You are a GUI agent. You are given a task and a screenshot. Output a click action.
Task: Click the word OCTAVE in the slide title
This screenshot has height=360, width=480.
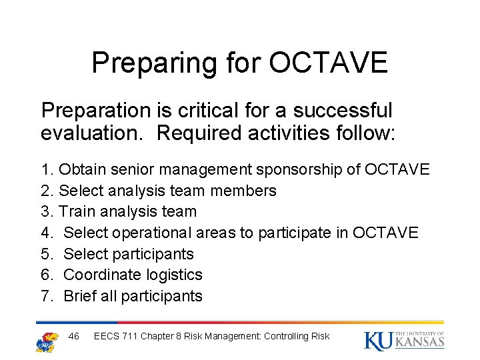click(x=328, y=63)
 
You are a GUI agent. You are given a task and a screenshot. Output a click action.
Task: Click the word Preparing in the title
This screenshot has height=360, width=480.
click(x=153, y=63)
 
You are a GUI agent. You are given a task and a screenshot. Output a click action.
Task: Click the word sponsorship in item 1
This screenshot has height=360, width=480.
click(x=297, y=169)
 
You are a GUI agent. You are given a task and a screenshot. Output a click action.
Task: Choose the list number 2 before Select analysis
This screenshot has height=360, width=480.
click(x=45, y=191)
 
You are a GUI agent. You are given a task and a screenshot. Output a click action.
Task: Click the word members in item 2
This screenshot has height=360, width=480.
click(x=243, y=191)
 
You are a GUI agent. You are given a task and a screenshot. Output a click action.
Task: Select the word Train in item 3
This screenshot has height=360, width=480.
click(x=79, y=212)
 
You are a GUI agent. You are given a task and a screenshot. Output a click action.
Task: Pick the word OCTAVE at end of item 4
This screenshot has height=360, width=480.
click(x=385, y=233)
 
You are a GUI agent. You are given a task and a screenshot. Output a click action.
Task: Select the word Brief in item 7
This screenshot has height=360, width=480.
click(x=81, y=296)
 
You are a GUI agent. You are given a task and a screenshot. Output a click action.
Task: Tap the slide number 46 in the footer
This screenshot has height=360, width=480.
click(x=74, y=336)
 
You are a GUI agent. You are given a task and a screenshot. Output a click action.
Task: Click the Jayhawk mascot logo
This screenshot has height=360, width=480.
click(x=47, y=341)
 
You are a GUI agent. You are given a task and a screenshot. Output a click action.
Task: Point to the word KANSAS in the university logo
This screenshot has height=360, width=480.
click(x=419, y=343)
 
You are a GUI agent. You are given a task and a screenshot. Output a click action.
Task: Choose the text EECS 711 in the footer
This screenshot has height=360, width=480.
click(x=117, y=336)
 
